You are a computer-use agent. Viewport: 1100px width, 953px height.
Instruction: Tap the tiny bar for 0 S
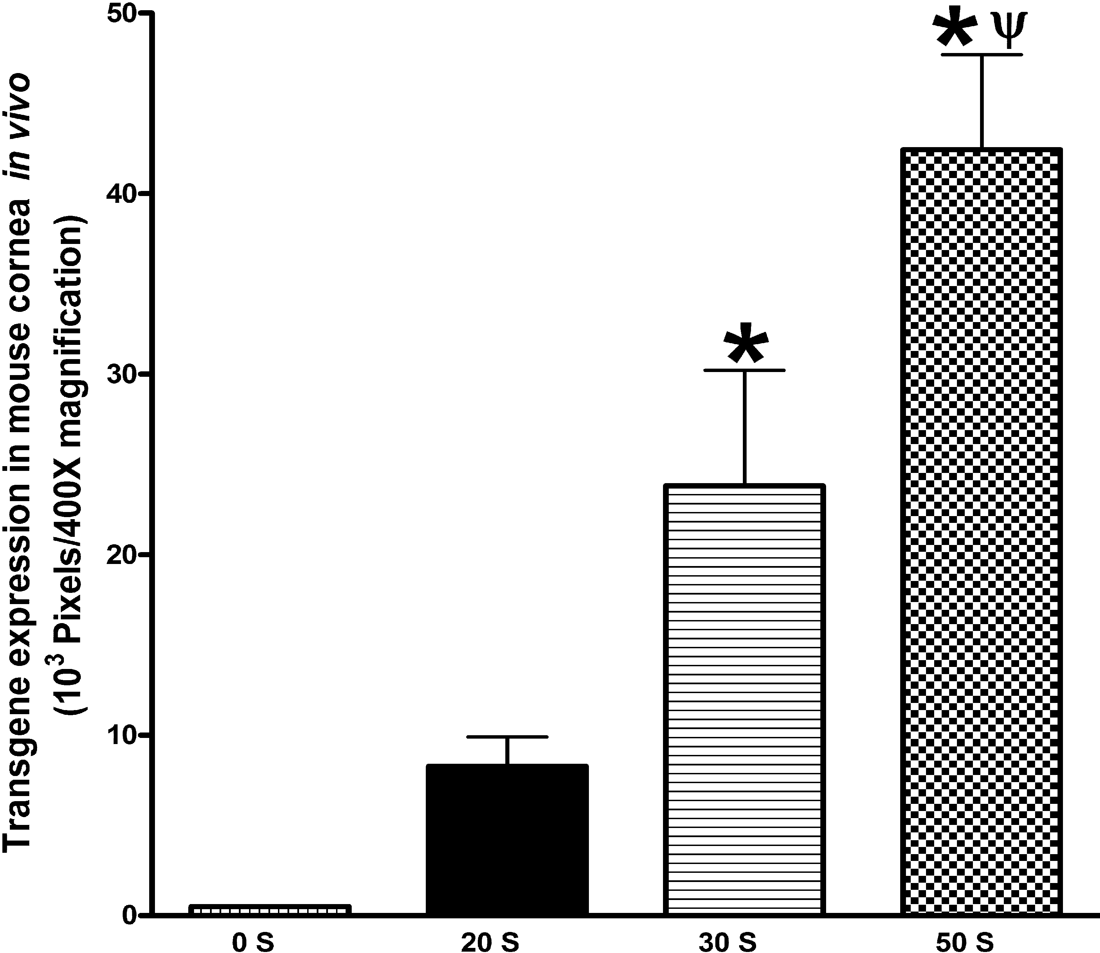270,910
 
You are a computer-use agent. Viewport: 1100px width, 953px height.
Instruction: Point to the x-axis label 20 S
490,942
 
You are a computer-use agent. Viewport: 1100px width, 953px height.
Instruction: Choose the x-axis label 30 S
727,942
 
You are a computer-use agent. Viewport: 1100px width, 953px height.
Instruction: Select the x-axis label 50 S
964,942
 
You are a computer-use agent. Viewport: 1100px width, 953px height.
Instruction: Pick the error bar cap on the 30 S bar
744,370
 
